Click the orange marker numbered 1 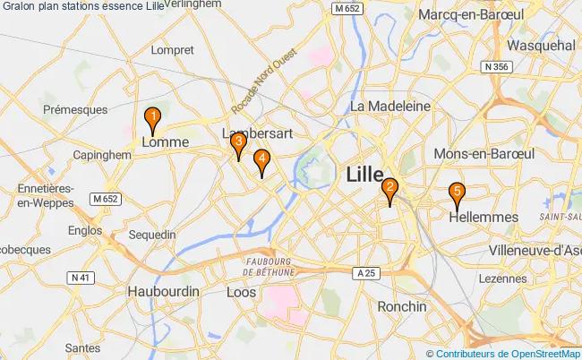pos(153,117)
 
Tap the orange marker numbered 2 pos(390,189)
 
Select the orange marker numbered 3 pos(238,142)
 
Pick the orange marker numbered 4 pos(261,160)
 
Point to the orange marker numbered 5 pos(457,192)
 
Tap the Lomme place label pos(165,142)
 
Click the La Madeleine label pos(390,106)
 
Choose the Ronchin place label pos(402,306)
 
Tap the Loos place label pos(242,293)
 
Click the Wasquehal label pos(540,45)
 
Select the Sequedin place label pos(152,235)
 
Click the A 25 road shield pos(362,272)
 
